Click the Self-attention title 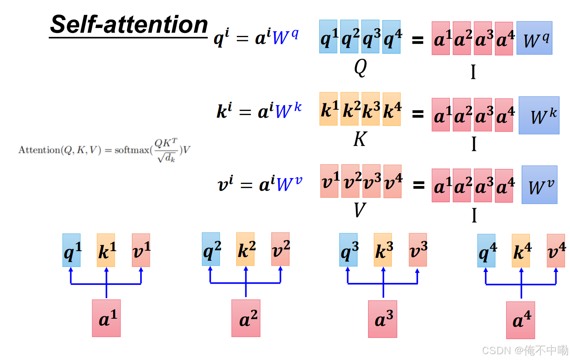129,25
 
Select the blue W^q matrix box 534,38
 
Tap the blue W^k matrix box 539,116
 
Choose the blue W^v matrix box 539,185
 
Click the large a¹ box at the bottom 106,318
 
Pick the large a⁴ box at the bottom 520,320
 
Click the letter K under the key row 359,139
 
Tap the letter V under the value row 359,210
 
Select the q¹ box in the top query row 328,37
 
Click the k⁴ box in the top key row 391,109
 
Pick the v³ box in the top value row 371,181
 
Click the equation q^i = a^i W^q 257,37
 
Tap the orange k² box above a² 245,249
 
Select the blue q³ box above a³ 348,250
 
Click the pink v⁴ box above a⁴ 556,250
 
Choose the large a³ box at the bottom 383,319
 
